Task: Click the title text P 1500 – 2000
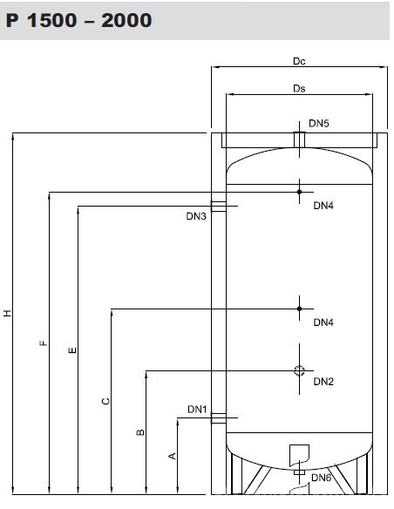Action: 78,20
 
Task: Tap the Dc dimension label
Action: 299,61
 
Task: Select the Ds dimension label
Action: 299,88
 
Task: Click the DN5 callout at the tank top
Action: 319,124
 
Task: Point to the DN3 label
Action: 196,216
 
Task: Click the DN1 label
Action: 197,410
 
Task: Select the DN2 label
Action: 323,382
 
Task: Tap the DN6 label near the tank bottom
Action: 322,478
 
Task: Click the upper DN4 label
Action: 323,206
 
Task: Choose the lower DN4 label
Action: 323,322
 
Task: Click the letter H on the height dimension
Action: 7,313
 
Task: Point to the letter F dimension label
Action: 44,343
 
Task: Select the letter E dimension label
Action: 72,350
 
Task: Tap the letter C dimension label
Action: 105,401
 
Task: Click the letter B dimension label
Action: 140,432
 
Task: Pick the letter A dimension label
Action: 173,456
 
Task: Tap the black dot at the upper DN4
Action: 299,192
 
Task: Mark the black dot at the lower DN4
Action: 299,309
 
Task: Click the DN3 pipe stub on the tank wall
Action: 219,207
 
